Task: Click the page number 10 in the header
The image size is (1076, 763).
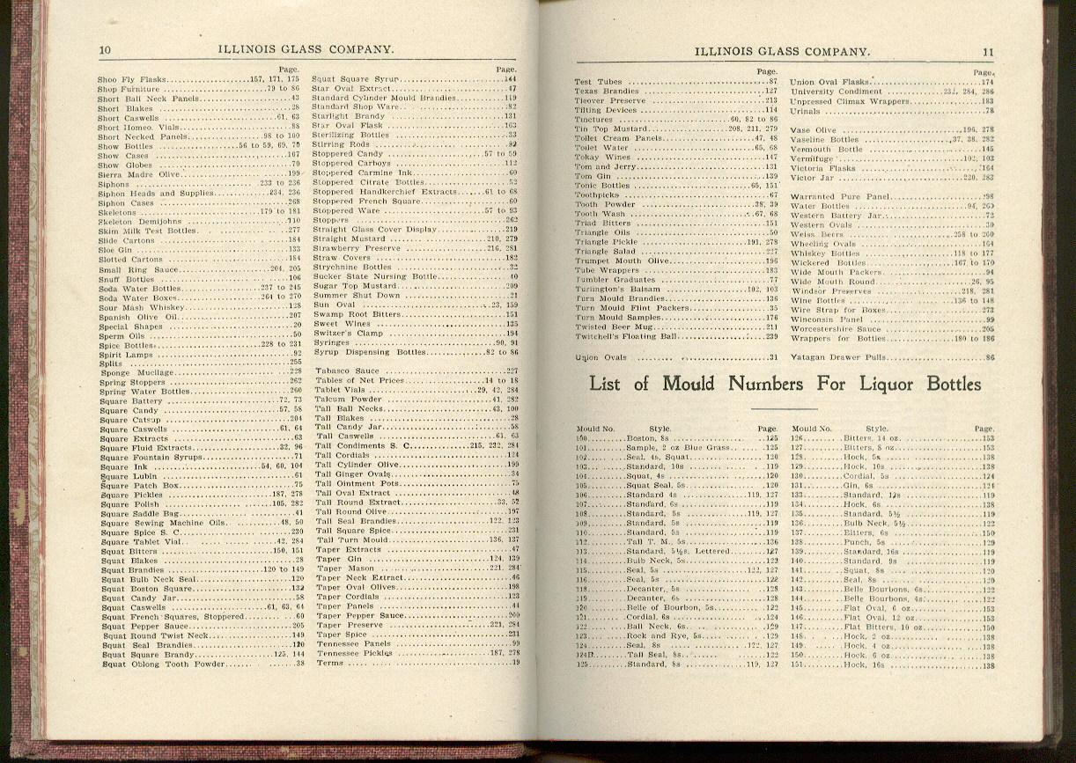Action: pos(105,50)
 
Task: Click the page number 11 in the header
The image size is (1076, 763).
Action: pos(988,52)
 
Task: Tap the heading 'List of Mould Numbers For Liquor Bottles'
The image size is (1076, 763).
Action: pos(785,385)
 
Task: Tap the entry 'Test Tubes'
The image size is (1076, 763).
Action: pos(598,82)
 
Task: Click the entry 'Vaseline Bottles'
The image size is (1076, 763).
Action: pos(824,140)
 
